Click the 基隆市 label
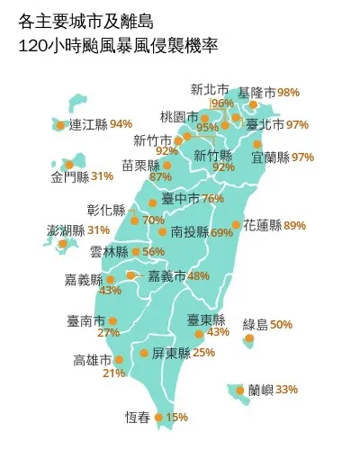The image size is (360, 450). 257,93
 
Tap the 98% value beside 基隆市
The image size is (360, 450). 289,93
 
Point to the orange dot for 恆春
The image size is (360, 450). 158,418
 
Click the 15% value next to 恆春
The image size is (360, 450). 177,418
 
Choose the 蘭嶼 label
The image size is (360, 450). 261,390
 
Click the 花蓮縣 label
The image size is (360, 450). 261,225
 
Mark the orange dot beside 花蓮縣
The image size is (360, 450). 236,225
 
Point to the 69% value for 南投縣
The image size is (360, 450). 222,232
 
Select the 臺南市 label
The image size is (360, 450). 85,320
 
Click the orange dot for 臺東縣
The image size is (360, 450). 200,333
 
